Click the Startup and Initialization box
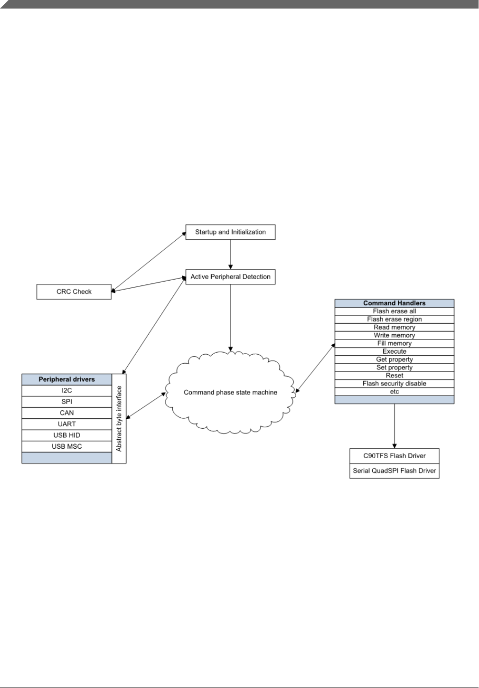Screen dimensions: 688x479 pos(230,232)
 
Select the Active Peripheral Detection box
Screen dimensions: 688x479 pos(230,277)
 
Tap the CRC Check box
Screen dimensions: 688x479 pos(74,292)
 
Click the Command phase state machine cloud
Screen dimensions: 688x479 pos(230,393)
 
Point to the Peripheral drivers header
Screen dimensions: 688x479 pos(67,379)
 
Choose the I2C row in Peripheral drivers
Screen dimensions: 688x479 pos(67,391)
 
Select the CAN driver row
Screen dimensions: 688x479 pos(67,413)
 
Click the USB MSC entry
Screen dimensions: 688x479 pos(67,446)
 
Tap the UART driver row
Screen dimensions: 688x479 pos(67,424)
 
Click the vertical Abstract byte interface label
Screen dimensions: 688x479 pos(119,418)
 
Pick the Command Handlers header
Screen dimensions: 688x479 pos(394,303)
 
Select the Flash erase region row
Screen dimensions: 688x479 pos(394,319)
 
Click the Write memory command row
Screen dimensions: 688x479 pos(394,335)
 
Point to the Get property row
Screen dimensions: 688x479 pos(394,359)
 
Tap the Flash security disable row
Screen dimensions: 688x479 pos(394,384)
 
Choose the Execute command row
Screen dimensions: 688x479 pos(394,351)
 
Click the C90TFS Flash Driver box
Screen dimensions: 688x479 pos(394,456)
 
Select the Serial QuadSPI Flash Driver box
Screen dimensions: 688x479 pos(394,471)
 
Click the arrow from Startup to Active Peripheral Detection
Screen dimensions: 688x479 pos(231,254)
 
